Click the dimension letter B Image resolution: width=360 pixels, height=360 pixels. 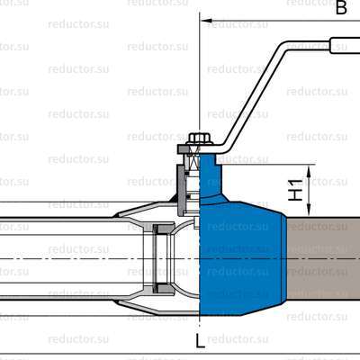pyautogui.click(x=341, y=8)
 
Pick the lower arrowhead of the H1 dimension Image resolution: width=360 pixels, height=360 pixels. pyautogui.click(x=311, y=211)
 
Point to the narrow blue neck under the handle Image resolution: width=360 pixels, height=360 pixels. pyautogui.click(x=208, y=175)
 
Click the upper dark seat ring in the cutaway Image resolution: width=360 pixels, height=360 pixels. pyautogui.click(x=164, y=228)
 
